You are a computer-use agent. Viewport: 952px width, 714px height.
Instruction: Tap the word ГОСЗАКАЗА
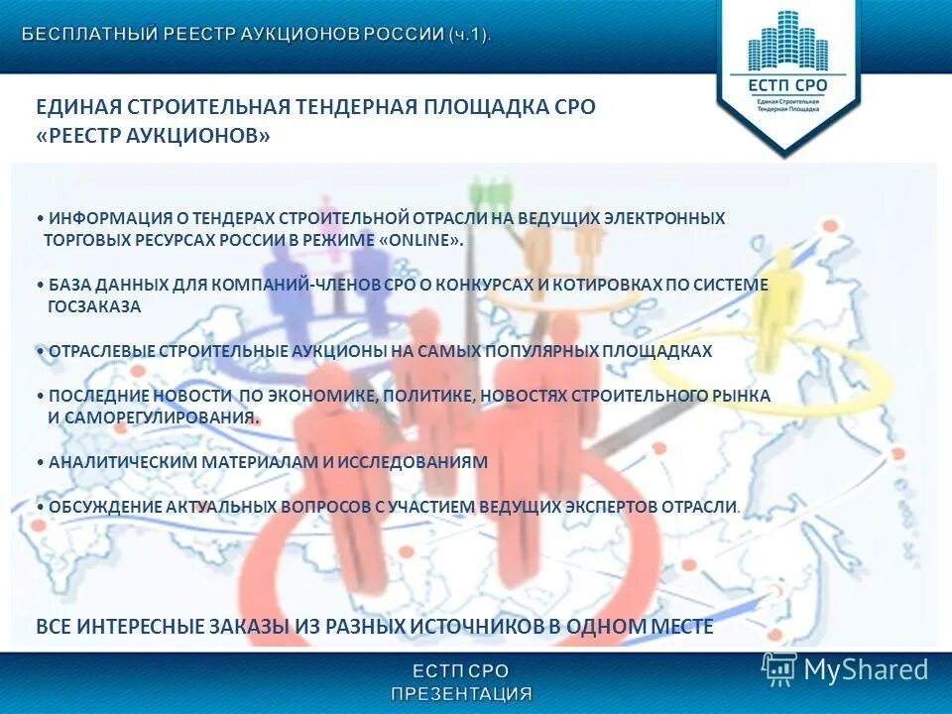95,307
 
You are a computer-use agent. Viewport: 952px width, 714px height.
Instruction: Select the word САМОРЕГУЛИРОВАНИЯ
161,417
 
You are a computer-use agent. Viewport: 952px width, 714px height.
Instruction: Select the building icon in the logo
786,42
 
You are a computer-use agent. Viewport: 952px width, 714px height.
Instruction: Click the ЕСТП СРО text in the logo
786,85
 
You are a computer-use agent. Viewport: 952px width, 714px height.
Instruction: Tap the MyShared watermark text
866,669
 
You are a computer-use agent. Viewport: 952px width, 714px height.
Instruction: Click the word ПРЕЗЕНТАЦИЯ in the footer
461,693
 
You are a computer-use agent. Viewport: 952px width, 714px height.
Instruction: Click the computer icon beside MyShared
779,668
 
